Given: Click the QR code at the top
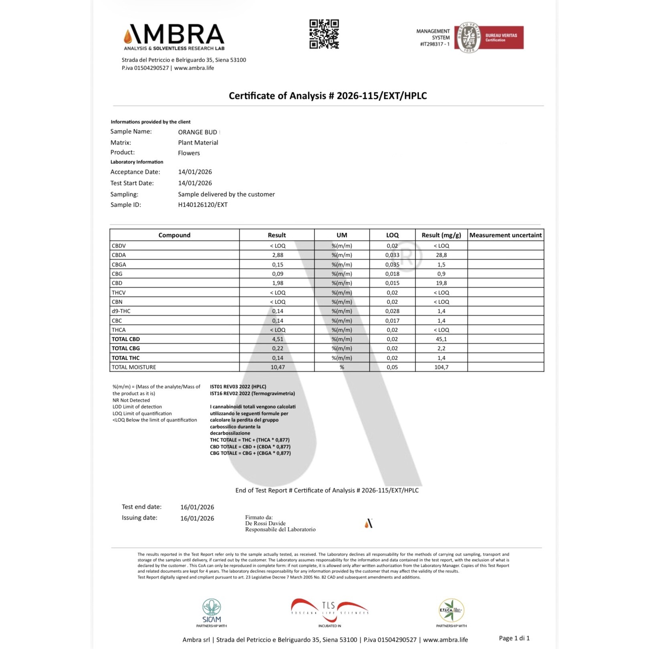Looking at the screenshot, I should point(324,34).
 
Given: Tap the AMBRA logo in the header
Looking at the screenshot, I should point(174,36).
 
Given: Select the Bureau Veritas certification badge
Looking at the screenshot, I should point(488,38).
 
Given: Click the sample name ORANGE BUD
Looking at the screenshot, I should point(198,132).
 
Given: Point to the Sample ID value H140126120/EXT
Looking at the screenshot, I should point(203,205).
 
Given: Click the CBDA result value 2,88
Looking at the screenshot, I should point(277,255).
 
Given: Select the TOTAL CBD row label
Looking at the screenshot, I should point(126,339).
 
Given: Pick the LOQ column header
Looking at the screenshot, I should point(392,235).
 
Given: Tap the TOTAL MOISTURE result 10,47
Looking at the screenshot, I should point(277,367).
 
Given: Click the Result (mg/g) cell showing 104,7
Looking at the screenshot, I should point(441,367).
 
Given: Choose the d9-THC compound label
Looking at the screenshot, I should point(121,311).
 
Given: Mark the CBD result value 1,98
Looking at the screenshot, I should point(277,283).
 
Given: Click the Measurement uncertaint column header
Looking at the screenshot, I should point(505,235).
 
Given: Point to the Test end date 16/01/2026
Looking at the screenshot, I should point(197,507).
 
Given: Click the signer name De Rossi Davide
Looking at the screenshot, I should point(265,523).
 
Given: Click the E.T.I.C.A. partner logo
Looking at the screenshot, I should point(451,611).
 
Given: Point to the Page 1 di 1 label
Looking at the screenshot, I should point(514,638).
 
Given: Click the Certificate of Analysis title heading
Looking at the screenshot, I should point(328,96).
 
